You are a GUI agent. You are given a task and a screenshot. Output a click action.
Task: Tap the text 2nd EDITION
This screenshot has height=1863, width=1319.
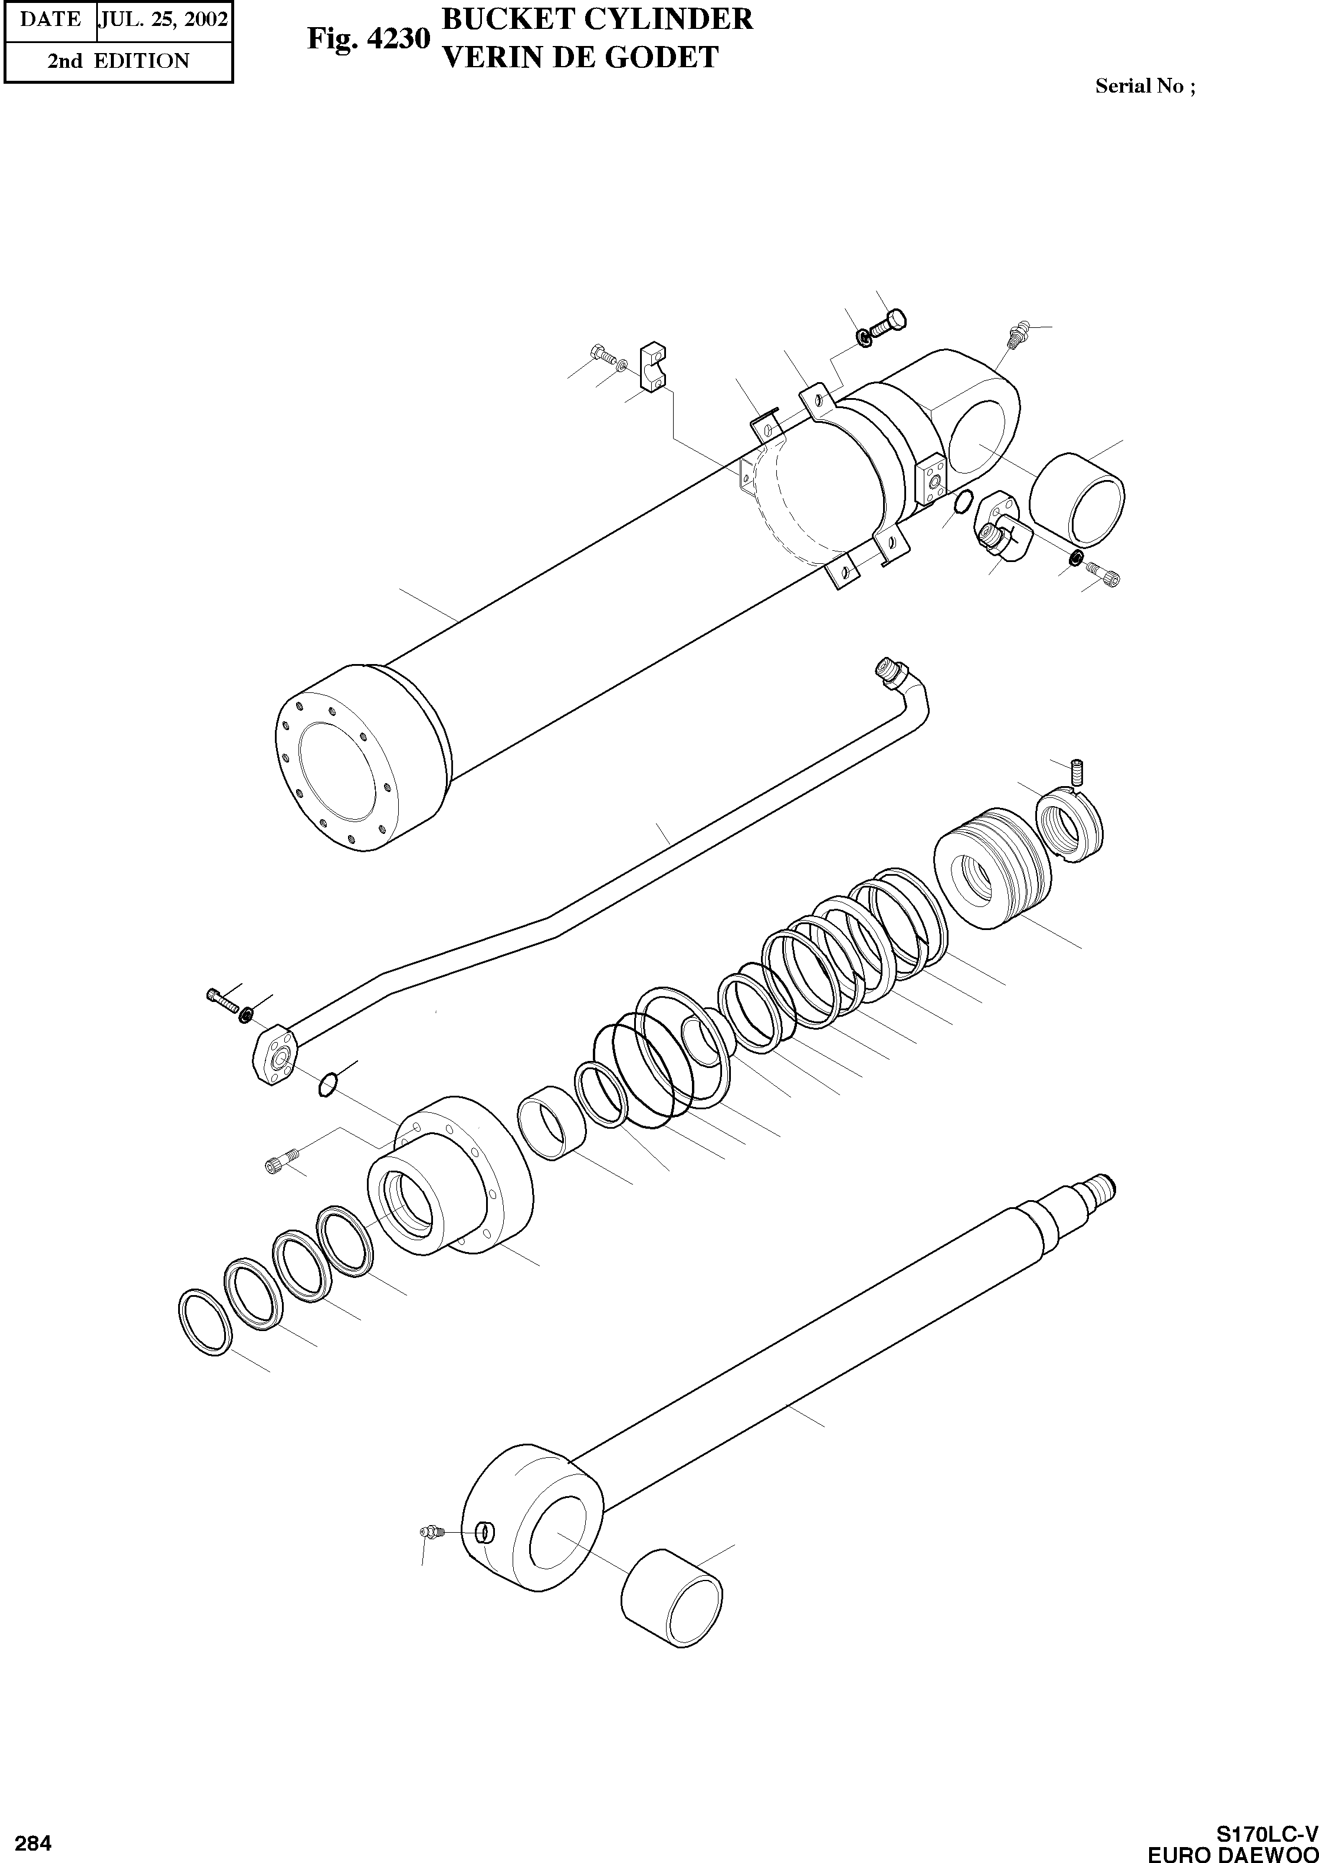click(118, 61)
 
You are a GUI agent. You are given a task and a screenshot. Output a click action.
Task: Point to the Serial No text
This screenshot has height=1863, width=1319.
click(1144, 86)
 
